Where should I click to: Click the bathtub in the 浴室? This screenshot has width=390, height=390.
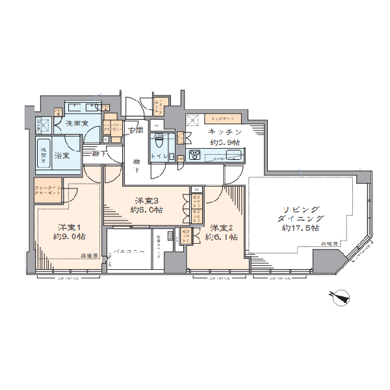pyautogui.click(x=45, y=155)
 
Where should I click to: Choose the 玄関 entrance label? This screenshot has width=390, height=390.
pyautogui.click(x=135, y=130)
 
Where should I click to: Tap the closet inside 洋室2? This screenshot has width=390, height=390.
pyautogui.click(x=186, y=237)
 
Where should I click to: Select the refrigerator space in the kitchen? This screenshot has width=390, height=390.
pyautogui.click(x=192, y=122)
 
